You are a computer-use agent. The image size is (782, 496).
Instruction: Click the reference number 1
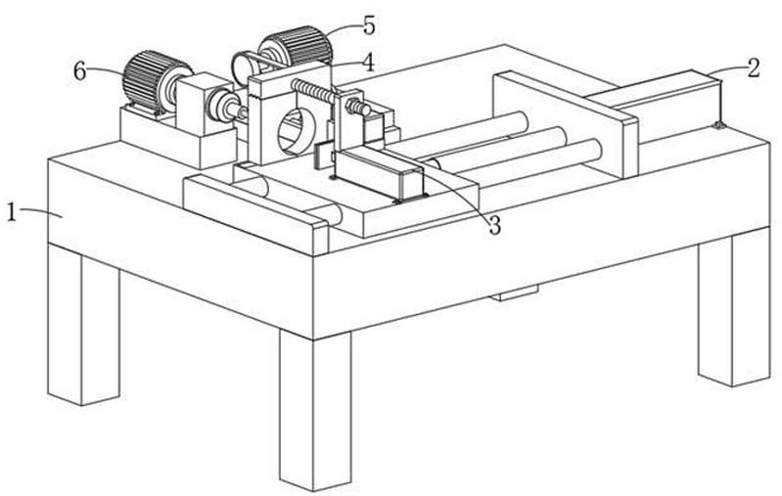(12, 213)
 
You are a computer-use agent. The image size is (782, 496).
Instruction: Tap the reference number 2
(753, 68)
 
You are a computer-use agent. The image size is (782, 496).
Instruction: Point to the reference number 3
(493, 226)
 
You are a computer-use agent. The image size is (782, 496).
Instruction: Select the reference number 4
(368, 63)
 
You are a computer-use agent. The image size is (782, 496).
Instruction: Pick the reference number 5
(369, 25)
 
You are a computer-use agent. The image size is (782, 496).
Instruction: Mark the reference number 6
(80, 71)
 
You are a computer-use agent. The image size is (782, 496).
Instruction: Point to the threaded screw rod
(330, 97)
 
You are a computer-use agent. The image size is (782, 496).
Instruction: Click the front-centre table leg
(315, 408)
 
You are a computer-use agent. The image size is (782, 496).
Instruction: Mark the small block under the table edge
(514, 293)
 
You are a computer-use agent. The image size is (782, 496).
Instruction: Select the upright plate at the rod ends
(565, 124)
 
